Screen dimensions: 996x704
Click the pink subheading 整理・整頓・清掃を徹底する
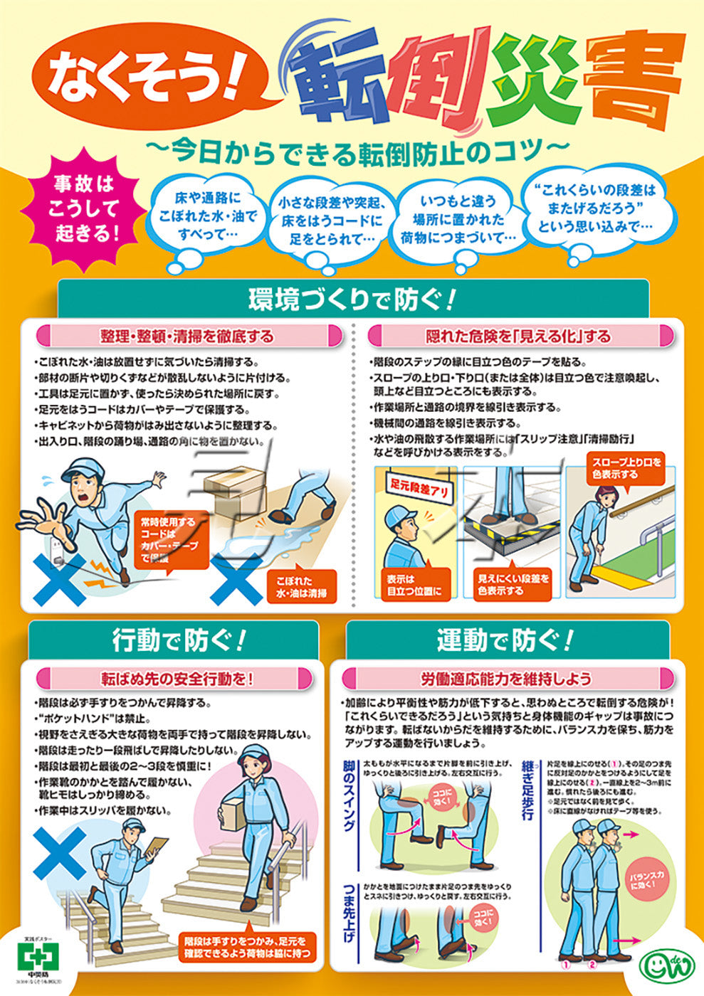pos(187,335)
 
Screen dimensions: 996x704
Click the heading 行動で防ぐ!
pos(178,640)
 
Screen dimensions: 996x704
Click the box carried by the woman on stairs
pos(235,812)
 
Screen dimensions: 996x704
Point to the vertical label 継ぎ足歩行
pos(527,790)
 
